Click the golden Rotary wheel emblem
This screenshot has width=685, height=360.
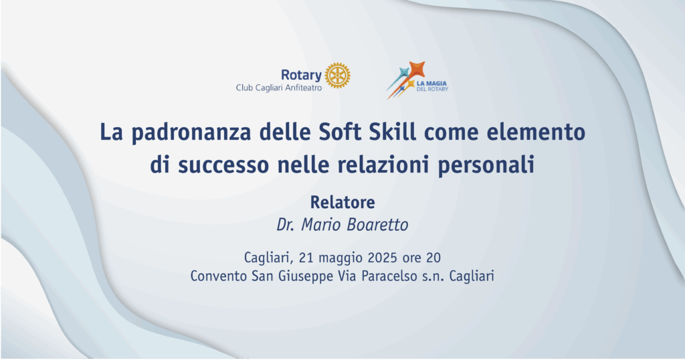coord(338,76)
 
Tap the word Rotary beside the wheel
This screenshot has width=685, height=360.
coord(301,76)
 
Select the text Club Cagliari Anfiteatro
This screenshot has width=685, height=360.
coord(279,88)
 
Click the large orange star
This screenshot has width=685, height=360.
coord(417,69)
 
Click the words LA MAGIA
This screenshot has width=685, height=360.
coord(431,84)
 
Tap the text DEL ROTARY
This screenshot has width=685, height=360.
coord(432,89)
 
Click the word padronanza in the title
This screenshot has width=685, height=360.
coord(191,132)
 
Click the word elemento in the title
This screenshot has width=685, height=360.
coord(536,132)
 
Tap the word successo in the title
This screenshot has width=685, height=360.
coord(223,165)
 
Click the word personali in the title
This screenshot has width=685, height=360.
coord(486,166)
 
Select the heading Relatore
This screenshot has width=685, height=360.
coord(342,202)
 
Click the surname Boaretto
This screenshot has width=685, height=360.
coord(377,225)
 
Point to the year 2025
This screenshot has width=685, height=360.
coord(382,258)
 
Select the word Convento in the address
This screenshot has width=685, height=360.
coord(219,276)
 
